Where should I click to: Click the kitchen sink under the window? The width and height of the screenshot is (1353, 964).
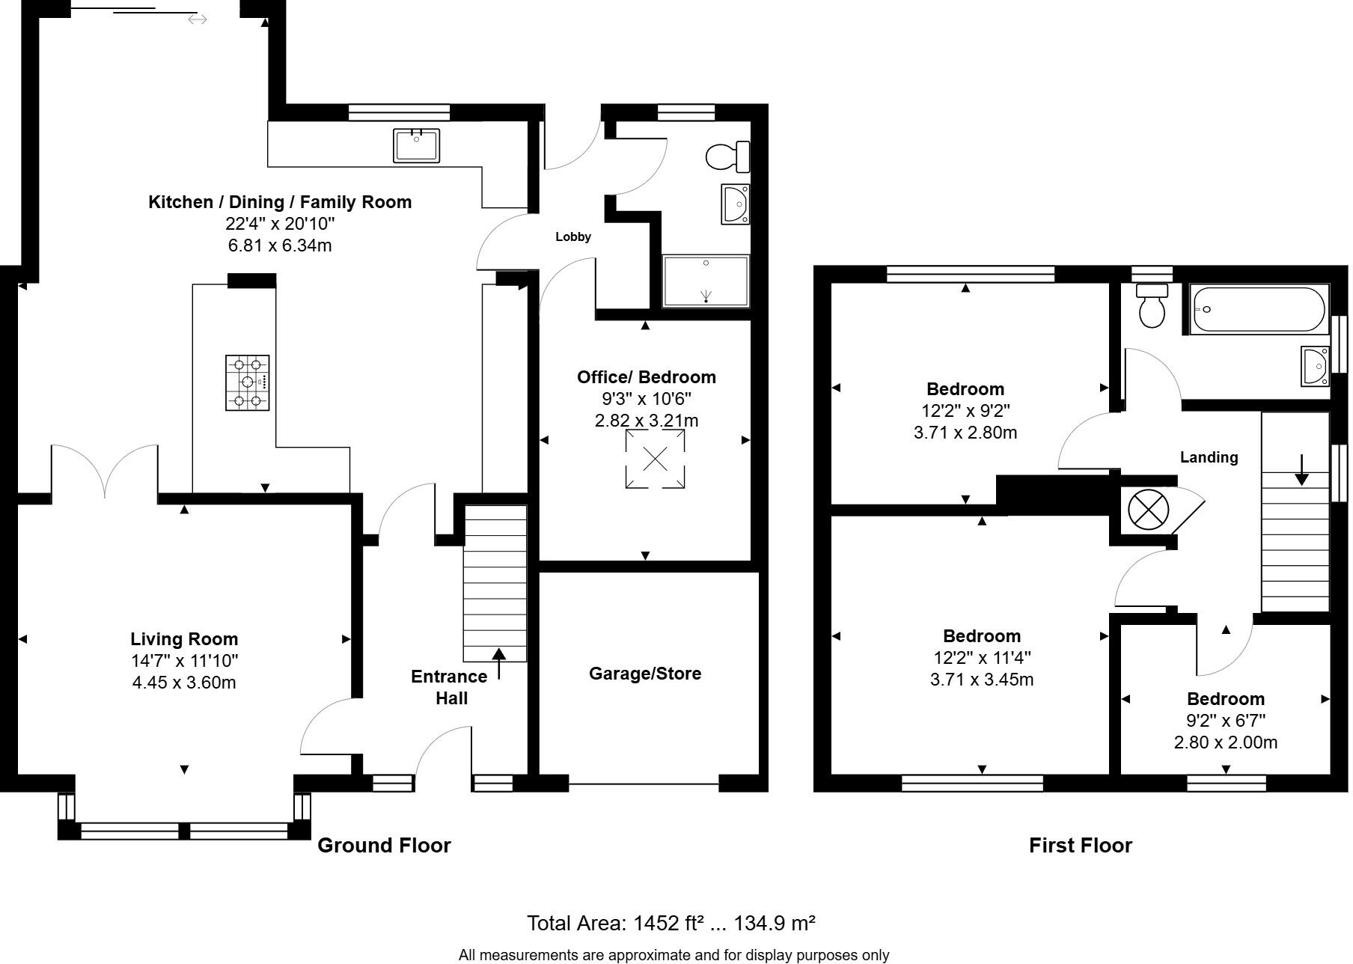pos(417,145)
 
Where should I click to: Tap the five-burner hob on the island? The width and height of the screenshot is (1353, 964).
pos(248,383)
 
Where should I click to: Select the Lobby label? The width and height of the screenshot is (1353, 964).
pos(573,237)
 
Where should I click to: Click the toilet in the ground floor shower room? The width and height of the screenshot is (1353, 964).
pos(726,156)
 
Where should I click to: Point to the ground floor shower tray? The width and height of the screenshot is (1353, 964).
pos(706,281)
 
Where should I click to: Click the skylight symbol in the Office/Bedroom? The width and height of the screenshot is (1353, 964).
pos(655,459)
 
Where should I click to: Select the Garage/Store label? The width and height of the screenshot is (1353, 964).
pos(645,674)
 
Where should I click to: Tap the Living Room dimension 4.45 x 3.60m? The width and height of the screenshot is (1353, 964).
pos(184,683)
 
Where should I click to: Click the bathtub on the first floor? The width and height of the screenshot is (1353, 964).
pos(1259,309)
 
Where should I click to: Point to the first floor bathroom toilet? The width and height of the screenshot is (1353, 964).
pos(1152,306)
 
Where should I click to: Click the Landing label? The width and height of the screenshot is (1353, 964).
pos(1209,457)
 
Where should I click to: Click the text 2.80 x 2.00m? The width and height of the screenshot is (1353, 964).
pos(1226,742)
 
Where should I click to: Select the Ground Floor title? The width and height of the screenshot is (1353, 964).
pos(384,846)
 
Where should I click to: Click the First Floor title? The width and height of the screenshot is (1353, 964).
pos(1080,846)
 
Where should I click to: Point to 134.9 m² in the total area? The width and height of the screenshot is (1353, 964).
pos(774,924)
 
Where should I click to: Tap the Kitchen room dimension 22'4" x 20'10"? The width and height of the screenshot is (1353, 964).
pos(280,224)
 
